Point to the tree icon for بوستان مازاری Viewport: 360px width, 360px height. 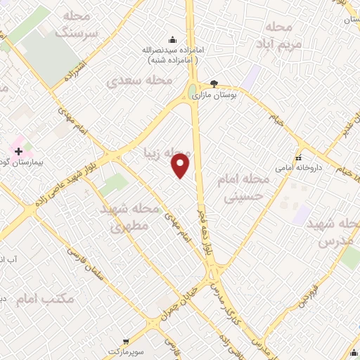[214, 83]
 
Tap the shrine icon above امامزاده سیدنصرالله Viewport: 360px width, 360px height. [172, 39]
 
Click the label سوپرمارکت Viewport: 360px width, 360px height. [124, 350]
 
